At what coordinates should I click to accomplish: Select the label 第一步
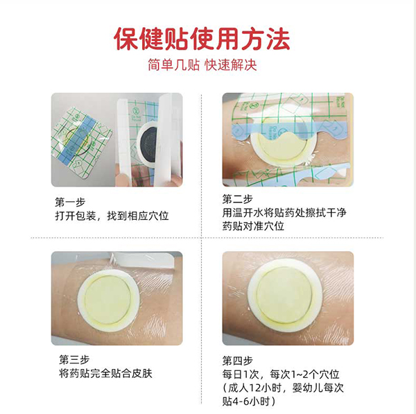tap(69, 202)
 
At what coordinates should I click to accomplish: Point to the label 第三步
tap(69, 360)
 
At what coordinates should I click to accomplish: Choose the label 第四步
tap(238, 360)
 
